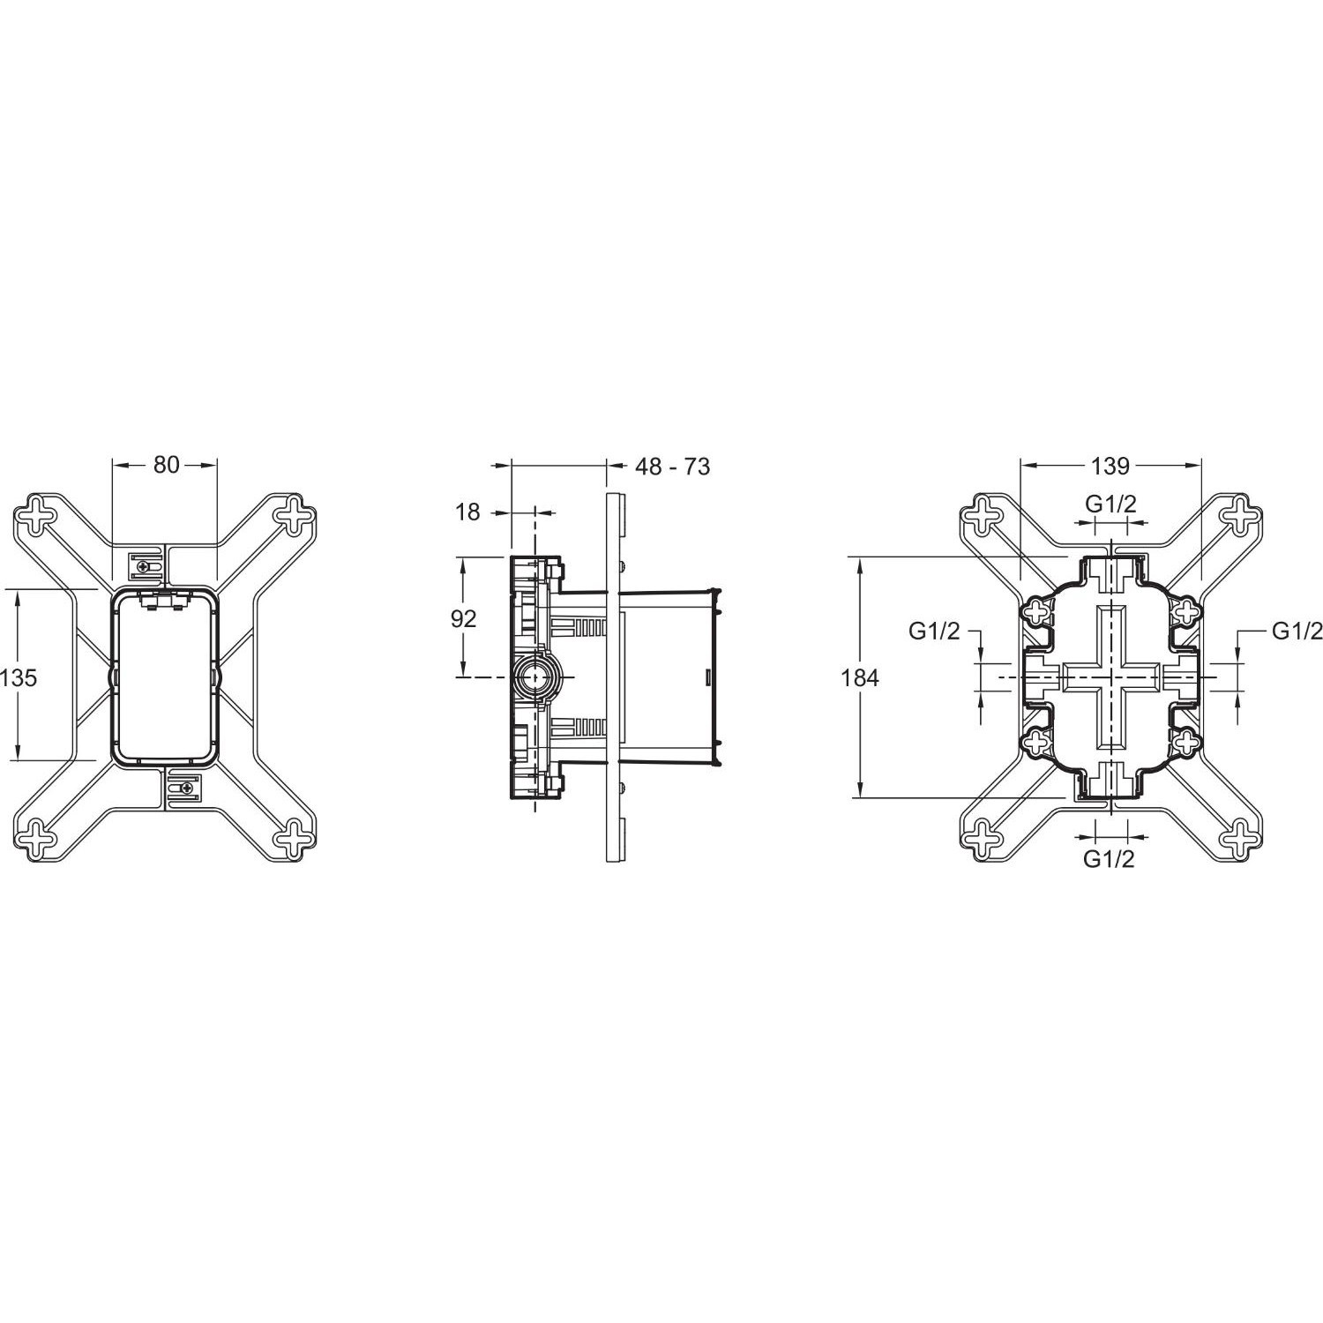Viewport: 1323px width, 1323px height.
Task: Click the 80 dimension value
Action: coord(166,464)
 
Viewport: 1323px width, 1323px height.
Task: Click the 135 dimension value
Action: coord(19,677)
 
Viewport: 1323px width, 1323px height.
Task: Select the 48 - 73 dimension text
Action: coord(672,466)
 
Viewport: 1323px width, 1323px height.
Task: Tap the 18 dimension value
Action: coord(467,512)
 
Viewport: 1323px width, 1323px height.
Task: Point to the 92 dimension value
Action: coord(463,618)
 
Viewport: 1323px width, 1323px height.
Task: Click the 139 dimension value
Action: coord(1110,464)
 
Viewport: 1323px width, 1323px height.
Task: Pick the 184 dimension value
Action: coord(861,677)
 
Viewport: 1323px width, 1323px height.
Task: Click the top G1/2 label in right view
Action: coord(1110,504)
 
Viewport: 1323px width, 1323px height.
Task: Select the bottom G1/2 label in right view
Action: coord(1109,859)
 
